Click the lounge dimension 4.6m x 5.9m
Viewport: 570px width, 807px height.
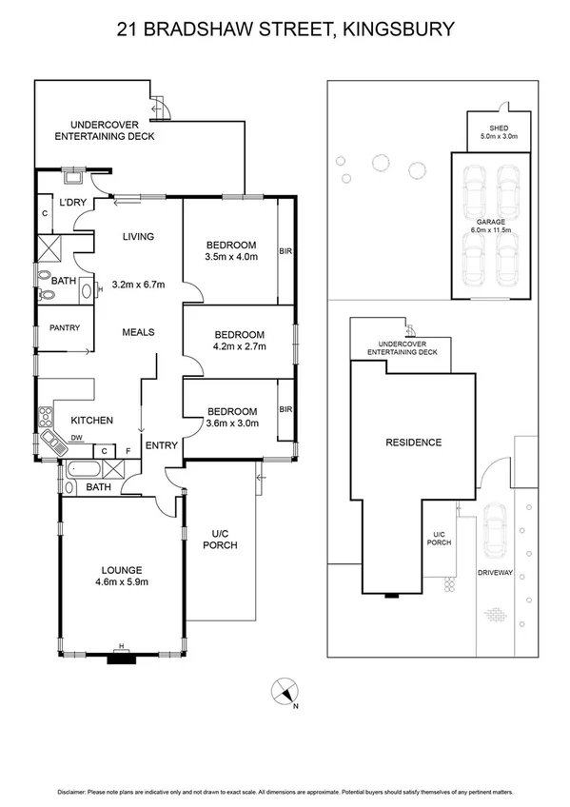pos(120,582)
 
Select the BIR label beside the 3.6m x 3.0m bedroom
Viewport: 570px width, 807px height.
pos(285,409)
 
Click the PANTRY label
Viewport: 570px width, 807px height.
pos(64,328)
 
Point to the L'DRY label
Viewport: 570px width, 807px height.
pos(73,203)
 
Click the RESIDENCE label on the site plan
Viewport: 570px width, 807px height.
pos(413,443)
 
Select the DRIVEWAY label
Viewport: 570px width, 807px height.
pos(495,573)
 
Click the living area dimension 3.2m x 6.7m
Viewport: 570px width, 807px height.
pos(139,284)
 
